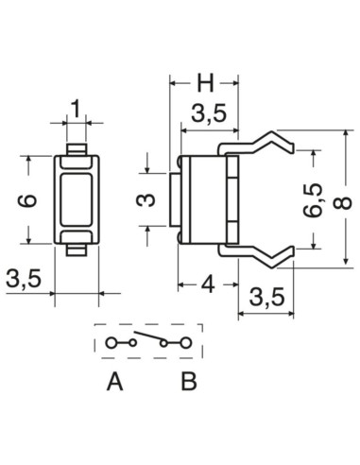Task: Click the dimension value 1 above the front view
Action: coord(77,107)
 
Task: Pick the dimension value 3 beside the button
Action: coord(145,199)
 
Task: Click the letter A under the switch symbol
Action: coord(115,383)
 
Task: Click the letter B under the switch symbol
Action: coord(188,383)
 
